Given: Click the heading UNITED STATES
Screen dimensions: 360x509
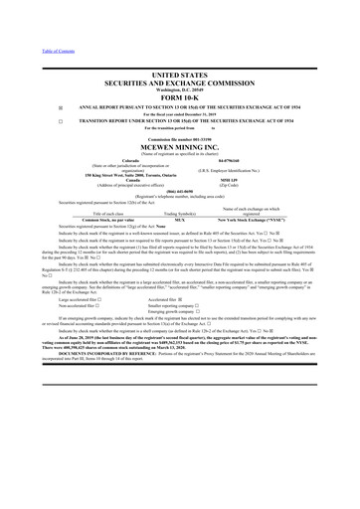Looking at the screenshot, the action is [180, 75].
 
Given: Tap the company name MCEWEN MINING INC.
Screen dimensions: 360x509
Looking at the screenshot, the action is [180, 144].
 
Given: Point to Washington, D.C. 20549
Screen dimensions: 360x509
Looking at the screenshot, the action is [180, 87].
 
